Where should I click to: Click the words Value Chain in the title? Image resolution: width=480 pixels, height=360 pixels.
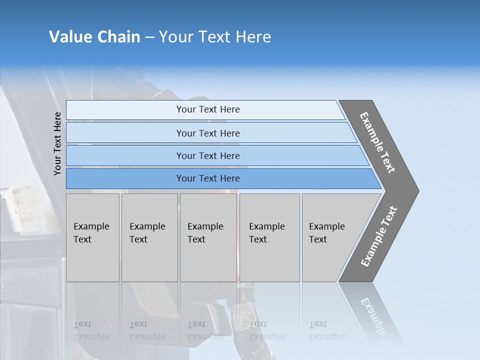point(94,37)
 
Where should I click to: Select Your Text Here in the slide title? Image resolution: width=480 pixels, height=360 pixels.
point(215,37)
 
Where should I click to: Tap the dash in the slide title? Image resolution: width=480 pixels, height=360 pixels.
point(149,37)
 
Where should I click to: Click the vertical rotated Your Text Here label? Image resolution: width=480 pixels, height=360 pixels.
point(57,143)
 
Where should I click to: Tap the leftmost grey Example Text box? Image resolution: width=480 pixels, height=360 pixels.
point(92,237)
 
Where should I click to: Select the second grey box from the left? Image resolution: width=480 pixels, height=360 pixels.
point(149,237)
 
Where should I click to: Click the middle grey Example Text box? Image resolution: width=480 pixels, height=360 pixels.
point(208,237)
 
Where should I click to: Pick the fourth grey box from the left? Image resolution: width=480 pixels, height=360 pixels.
point(269,237)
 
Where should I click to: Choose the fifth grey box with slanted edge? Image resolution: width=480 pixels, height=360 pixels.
point(330,237)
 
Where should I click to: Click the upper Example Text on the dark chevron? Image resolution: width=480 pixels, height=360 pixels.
point(377,142)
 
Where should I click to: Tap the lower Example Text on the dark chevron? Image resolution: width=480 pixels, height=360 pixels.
point(379,236)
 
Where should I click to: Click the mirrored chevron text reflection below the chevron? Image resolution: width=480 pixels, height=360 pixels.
point(375,317)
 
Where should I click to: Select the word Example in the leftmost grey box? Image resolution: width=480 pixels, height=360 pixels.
point(91,226)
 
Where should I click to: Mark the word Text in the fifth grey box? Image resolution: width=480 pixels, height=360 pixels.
point(318,239)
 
